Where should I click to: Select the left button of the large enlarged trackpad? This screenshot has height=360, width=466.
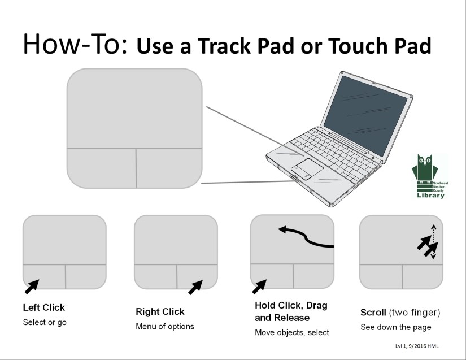101,168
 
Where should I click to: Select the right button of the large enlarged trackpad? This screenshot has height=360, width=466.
169,168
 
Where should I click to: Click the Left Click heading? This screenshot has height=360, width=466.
43,308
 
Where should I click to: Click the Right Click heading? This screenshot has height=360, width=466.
160,311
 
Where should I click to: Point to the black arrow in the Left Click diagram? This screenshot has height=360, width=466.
32,285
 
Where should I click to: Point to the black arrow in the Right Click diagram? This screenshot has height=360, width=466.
195,287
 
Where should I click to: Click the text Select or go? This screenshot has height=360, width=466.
45,323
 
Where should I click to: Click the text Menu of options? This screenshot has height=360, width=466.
164,326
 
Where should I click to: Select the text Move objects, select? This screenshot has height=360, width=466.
292,332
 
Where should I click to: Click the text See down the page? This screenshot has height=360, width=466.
395,327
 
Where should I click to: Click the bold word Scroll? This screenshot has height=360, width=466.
373,313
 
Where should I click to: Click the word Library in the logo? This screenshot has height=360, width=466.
431,196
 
